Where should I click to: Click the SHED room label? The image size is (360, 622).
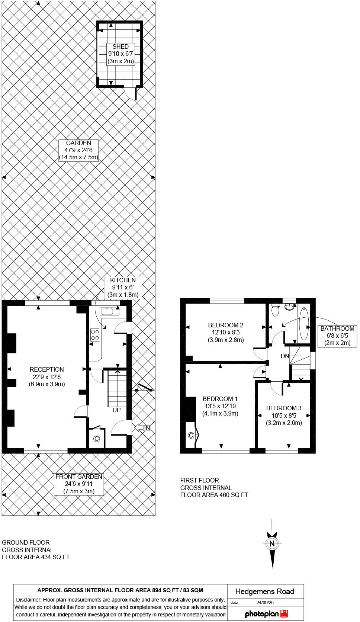(120, 54)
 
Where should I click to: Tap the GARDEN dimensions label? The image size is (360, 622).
(78, 150)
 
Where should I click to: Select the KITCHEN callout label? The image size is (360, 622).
(123, 288)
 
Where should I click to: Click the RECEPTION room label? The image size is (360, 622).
(47, 376)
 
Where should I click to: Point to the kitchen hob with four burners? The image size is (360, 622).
(95, 334)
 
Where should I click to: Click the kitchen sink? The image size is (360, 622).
(109, 311)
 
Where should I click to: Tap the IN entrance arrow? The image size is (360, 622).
(143, 428)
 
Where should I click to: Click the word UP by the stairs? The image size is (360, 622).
(116, 410)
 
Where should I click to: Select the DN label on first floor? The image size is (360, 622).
(285, 356)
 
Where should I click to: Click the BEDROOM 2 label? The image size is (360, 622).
(226, 332)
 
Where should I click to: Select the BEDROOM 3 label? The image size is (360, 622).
(284, 415)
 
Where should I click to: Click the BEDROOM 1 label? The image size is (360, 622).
(220, 406)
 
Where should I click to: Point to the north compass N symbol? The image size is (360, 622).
(272, 544)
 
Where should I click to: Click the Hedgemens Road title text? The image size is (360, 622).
(264, 591)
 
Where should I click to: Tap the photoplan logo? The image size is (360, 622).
(266, 614)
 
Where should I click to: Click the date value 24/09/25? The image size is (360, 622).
(265, 603)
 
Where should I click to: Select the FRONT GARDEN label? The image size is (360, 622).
(78, 484)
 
